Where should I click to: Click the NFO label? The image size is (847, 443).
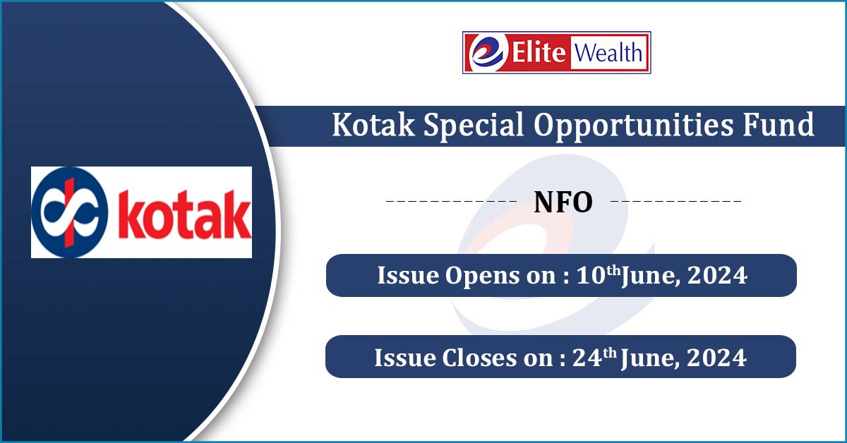[563, 202]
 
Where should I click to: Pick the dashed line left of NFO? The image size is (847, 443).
[451, 202]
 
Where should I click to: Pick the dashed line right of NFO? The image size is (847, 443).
[675, 202]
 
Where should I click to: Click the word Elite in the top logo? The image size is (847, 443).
[541, 53]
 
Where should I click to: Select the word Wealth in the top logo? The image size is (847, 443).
[608, 53]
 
